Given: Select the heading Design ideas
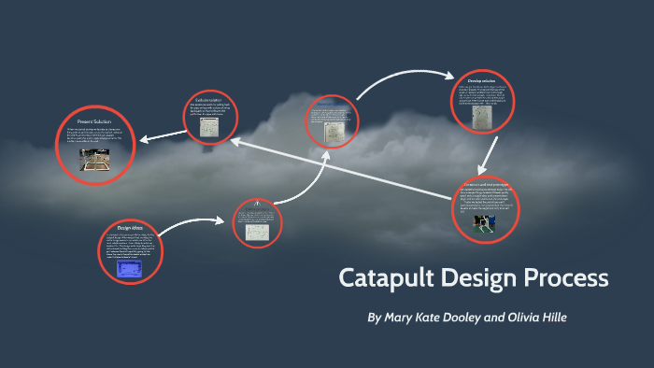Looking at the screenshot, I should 130,228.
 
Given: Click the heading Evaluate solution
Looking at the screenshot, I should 208,100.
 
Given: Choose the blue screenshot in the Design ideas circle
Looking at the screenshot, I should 130,269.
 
